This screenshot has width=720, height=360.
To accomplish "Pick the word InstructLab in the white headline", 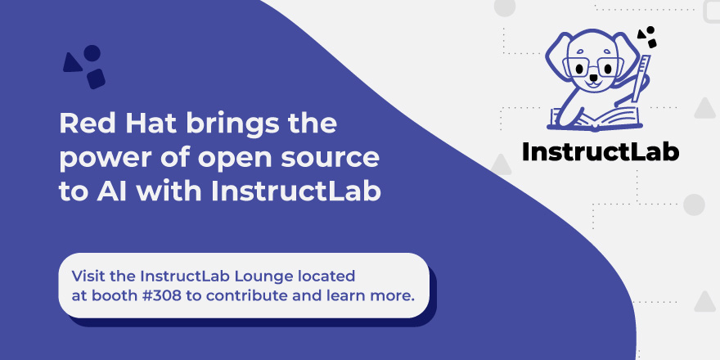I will pyautogui.click(x=296, y=191).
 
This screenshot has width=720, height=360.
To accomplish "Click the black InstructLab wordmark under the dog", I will pyautogui.click(x=600, y=151).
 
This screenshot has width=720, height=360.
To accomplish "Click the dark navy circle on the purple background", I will pyautogui.click(x=92, y=52).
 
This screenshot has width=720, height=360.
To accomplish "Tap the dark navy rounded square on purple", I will pyautogui.click(x=96, y=79).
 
